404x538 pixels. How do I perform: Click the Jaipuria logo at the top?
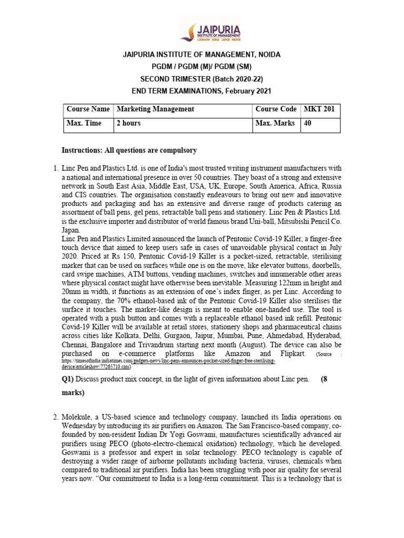click(x=210, y=29)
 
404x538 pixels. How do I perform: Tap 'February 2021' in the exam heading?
click(x=247, y=91)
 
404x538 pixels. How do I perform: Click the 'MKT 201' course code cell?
click(x=319, y=109)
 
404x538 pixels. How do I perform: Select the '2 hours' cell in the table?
click(x=128, y=123)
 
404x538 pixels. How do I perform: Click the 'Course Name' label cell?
click(x=88, y=109)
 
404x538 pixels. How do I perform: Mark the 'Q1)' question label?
click(x=69, y=379)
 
